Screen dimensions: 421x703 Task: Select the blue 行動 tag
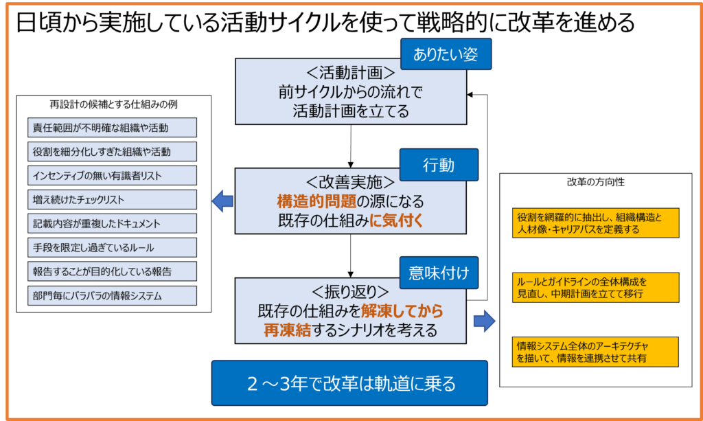click(438, 165)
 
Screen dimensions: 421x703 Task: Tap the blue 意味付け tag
click(438, 273)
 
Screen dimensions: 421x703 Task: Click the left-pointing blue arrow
click(222, 201)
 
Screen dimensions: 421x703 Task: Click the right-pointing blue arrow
click(485, 320)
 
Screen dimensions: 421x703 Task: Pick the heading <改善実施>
click(351, 183)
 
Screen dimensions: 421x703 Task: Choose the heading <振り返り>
click(351, 291)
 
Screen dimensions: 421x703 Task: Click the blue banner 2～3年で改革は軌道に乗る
click(349, 383)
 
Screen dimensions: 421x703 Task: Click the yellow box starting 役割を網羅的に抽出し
click(595, 223)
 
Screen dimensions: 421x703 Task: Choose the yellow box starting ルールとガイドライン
click(595, 288)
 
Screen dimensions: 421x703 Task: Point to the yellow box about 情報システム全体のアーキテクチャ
click(595, 352)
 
